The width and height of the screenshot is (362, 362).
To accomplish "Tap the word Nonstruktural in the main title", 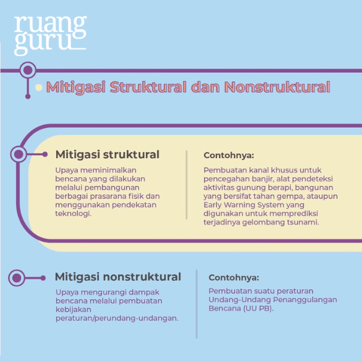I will [277, 87].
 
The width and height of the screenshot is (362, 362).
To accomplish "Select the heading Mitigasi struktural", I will [107, 154].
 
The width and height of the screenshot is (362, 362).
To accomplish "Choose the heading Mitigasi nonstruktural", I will [118, 277].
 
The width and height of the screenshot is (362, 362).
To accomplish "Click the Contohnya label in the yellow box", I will [229, 155].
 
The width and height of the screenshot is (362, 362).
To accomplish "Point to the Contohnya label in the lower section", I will [234, 278].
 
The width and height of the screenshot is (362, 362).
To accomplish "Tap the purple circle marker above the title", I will [27, 71].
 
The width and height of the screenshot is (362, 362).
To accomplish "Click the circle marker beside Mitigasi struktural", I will [19, 154].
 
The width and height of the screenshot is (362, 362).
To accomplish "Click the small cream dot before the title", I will [39, 87].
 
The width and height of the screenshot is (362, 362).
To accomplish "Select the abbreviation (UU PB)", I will [258, 308].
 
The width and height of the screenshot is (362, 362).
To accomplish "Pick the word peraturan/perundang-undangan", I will [116, 318].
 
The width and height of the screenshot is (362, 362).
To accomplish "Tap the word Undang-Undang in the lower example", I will [234, 299].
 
